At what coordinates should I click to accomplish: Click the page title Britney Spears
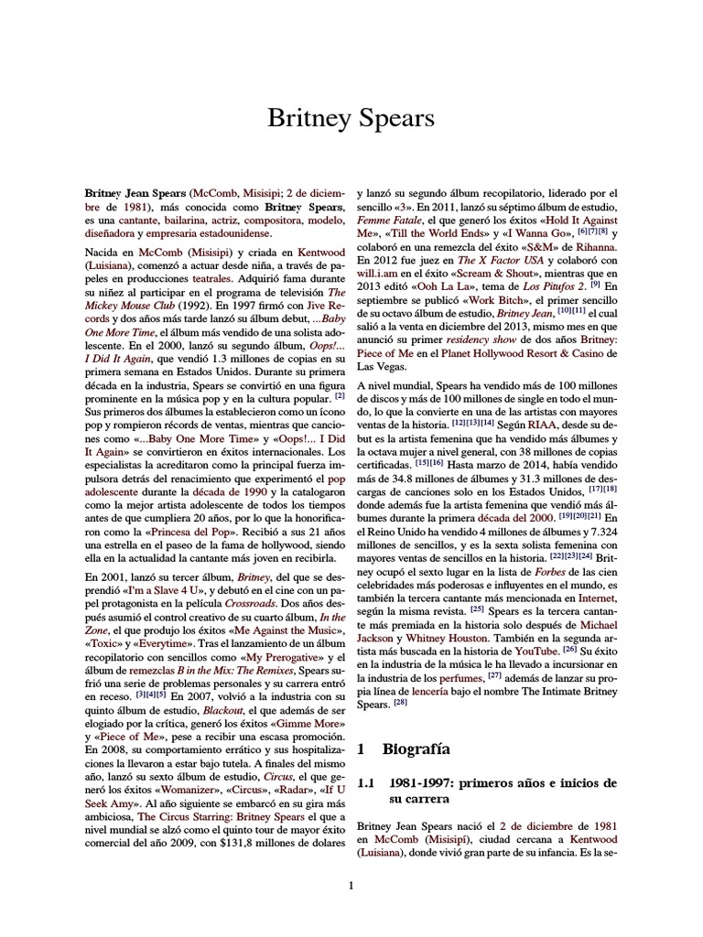coord(351,118)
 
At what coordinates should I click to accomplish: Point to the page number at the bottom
coord(351,884)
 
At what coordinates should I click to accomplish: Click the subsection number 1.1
coord(366,783)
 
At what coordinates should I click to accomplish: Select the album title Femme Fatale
coord(389,221)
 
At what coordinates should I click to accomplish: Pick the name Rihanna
coord(594,246)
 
